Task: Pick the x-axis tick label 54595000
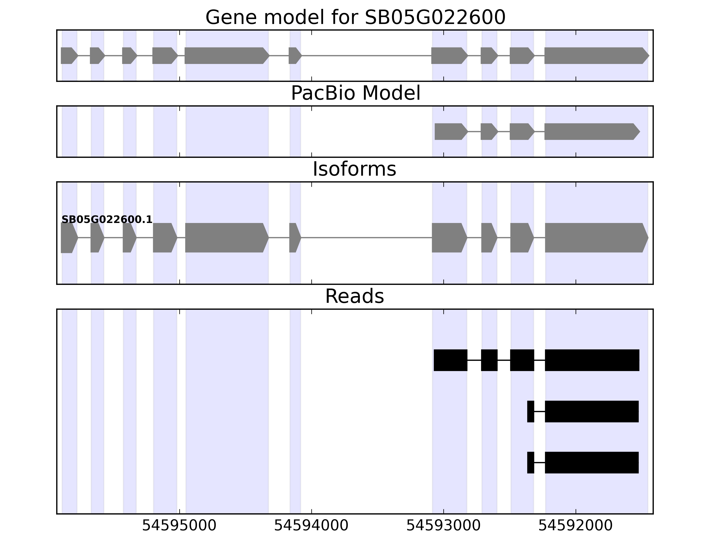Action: [179, 526]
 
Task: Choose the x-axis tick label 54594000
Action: [311, 526]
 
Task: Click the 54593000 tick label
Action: [444, 526]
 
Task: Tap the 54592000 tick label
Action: [576, 526]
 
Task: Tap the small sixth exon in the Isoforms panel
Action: [294, 238]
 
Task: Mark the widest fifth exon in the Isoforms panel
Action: [226, 238]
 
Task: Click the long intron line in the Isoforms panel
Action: [366, 238]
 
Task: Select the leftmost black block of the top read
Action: [450, 360]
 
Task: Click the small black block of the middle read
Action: [531, 412]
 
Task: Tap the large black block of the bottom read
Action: [592, 463]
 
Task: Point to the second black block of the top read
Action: [489, 360]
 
